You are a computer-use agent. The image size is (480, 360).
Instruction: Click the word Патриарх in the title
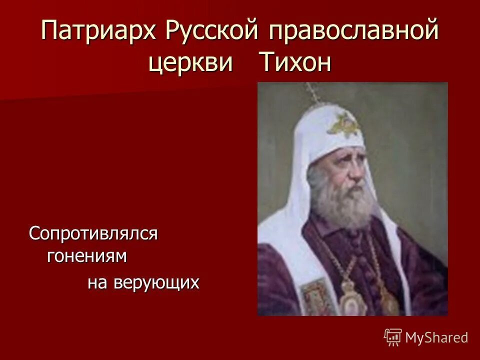(x=98, y=32)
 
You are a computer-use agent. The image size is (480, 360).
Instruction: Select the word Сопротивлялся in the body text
(x=93, y=233)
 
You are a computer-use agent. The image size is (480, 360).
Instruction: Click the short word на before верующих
(x=98, y=283)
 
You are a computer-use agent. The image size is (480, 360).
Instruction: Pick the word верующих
(x=156, y=283)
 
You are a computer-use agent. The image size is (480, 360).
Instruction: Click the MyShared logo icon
(x=393, y=337)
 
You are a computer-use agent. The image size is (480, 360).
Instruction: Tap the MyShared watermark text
(x=436, y=338)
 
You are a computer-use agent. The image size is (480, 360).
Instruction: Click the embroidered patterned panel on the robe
(x=314, y=297)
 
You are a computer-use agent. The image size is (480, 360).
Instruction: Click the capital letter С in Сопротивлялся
(x=34, y=233)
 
